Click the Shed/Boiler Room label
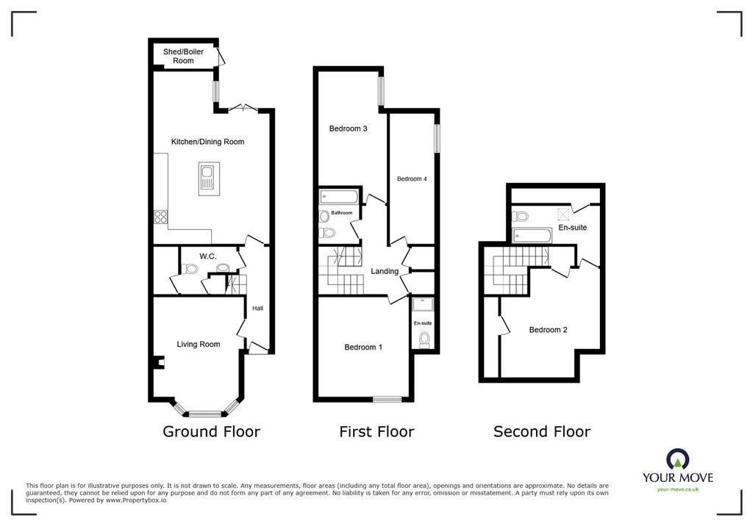(183, 56)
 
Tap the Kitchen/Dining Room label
(207, 142)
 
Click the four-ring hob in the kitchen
(161, 217)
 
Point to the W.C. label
(208, 256)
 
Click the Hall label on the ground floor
(258, 308)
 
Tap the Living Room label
(199, 344)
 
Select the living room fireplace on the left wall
(158, 362)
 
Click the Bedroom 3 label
(348, 129)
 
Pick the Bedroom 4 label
(412, 179)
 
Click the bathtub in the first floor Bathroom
(339, 196)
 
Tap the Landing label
(385, 272)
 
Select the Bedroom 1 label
(363, 347)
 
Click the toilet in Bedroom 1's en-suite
(424, 340)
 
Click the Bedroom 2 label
(548, 330)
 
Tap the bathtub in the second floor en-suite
(532, 234)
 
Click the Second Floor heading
(542, 431)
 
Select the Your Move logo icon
(678, 459)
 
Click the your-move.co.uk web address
(678, 489)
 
